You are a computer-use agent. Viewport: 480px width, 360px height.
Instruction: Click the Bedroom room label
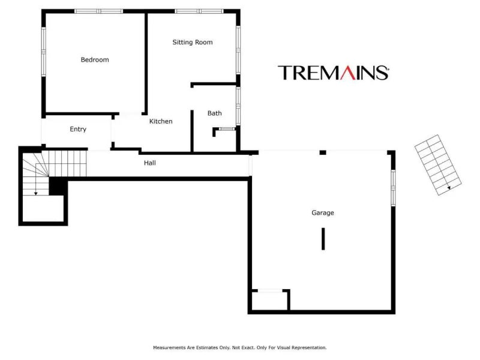95,59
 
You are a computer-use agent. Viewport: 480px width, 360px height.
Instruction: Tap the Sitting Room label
192,42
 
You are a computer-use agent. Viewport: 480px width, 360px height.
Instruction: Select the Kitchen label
161,121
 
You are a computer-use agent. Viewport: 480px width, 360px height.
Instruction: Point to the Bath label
214,113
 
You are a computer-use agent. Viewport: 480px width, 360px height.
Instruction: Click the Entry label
78,129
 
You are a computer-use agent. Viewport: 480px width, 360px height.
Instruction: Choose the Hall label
149,163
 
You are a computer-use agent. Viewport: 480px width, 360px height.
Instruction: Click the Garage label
323,213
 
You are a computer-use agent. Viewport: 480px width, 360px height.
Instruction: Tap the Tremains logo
334,73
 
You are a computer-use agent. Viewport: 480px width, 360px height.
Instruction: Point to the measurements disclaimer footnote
239,347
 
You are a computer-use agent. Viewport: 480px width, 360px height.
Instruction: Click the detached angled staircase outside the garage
438,164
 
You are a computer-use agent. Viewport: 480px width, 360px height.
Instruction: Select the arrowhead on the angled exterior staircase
449,188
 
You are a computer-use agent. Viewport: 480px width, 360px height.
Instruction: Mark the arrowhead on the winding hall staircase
35,193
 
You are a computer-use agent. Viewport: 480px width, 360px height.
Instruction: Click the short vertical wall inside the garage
323,239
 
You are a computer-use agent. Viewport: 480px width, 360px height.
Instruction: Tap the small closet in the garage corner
269,301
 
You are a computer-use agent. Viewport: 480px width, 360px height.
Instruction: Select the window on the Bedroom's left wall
43,52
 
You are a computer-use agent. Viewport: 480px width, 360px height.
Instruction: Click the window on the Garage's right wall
394,188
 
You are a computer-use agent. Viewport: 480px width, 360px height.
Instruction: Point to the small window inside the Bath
227,129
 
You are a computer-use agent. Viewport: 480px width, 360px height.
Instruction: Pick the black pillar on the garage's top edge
323,152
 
